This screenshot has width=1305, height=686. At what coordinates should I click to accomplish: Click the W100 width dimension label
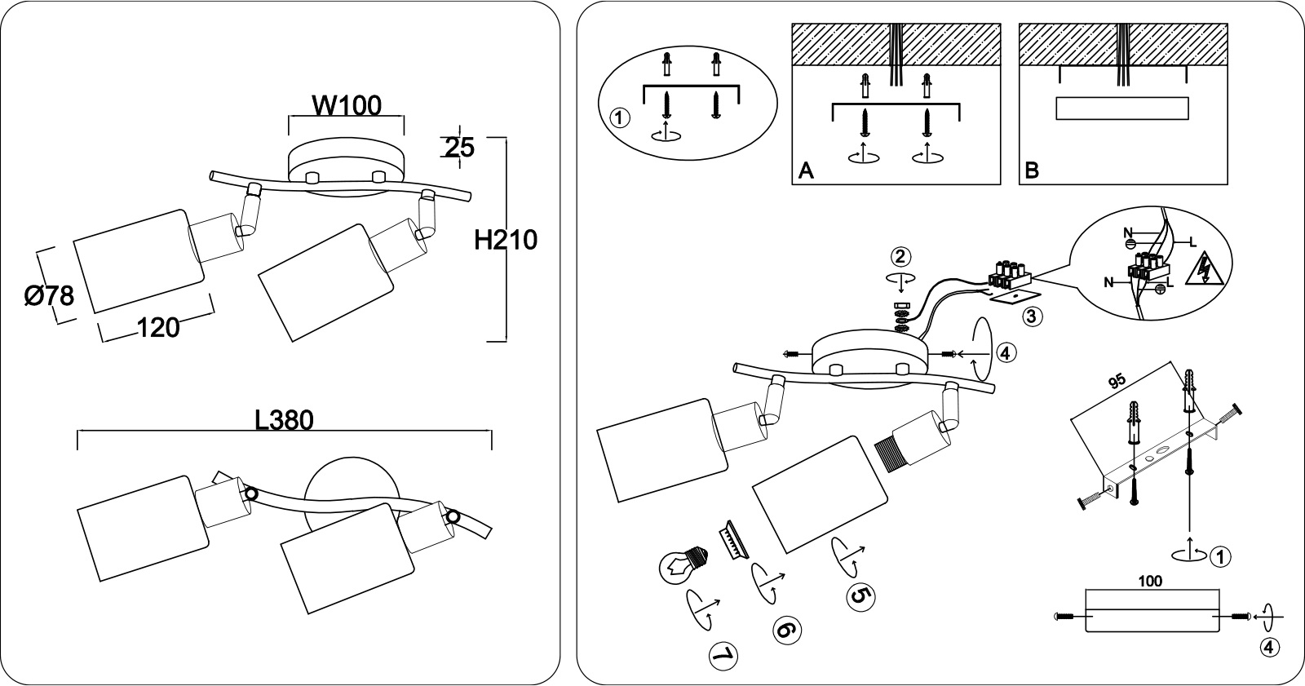pos(347,105)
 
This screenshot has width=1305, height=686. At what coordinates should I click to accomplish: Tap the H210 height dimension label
pos(505,240)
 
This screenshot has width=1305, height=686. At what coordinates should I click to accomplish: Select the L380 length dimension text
pos(285,420)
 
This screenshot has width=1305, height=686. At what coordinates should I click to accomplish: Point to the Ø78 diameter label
pos(50,296)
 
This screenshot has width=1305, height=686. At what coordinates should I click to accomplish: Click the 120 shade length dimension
pos(158,328)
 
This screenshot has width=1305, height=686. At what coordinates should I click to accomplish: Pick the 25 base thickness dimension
pos(460,148)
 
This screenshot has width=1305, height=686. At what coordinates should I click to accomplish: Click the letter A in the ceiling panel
pos(807,170)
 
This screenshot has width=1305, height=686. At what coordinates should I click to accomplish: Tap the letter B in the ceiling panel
pos(1032,170)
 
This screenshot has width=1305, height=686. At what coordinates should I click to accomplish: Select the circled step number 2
pos(900,256)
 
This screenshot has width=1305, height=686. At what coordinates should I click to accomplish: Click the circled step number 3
pos(1032,316)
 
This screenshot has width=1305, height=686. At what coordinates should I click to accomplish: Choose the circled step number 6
pos(786,631)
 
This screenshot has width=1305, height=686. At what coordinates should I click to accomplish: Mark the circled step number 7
pos(723,657)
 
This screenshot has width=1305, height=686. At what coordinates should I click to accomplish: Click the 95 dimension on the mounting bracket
pos(1117,381)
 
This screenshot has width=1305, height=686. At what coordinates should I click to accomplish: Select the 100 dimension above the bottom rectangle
pos(1149,581)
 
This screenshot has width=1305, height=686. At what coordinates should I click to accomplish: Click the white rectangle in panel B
pos(1122,108)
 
